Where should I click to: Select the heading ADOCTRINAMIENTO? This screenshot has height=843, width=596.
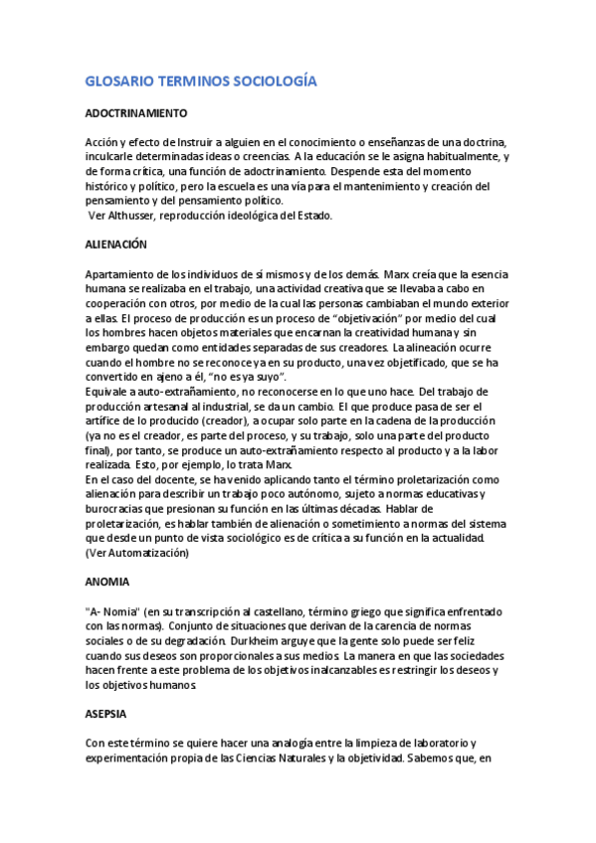(136, 114)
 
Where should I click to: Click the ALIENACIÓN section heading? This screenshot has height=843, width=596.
(116, 244)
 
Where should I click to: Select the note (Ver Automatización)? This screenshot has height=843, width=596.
(137, 552)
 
